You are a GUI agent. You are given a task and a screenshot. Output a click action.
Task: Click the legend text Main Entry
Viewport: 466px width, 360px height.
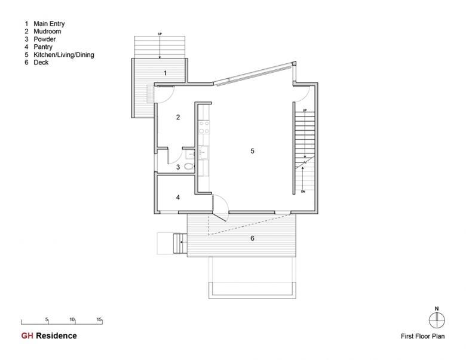49,24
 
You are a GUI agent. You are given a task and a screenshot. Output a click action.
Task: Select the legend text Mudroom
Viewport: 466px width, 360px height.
47,32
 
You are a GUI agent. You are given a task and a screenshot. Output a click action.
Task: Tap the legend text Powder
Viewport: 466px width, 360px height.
45,39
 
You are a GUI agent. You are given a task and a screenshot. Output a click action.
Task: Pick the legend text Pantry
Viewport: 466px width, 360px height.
43,47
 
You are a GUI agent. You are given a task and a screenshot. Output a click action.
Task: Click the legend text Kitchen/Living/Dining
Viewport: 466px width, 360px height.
64,55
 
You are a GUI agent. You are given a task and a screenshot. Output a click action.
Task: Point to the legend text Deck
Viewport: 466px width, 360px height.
41,62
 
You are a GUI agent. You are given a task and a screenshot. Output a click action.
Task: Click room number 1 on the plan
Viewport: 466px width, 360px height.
165,73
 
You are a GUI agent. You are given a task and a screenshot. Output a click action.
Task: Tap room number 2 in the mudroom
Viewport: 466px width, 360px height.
178,118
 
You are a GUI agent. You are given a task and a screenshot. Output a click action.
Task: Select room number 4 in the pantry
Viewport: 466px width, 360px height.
178,197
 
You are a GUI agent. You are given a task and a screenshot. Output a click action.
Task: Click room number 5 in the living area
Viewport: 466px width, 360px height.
252,151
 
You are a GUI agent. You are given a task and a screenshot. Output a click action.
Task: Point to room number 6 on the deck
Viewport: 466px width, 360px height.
252,238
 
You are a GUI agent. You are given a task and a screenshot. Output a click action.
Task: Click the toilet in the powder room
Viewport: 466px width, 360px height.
189,166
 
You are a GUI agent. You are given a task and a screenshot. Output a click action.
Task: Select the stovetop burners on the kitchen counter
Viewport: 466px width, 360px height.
204,127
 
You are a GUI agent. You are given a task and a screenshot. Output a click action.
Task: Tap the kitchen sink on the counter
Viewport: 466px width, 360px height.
204,152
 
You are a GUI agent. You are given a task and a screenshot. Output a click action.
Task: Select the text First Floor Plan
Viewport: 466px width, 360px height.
422,336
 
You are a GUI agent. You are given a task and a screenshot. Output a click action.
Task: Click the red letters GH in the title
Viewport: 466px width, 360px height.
27,336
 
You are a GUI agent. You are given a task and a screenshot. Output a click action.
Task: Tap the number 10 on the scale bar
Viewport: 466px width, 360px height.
72,319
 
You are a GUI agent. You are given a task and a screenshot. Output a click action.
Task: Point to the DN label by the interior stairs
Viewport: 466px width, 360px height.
303,192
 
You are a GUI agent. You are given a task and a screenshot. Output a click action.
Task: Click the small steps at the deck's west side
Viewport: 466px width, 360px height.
180,243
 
